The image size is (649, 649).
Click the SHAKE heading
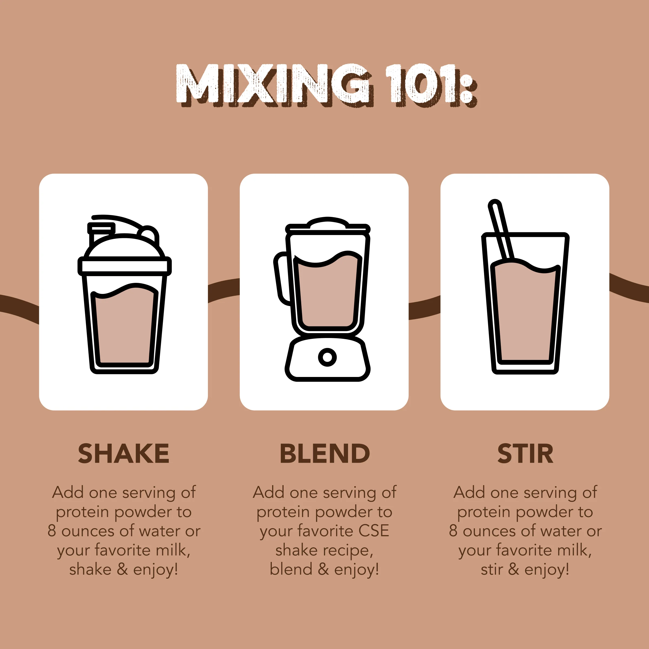point(124,453)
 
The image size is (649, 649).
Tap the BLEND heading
point(325,453)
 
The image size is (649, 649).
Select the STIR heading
point(525,453)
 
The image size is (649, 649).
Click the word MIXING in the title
point(274,84)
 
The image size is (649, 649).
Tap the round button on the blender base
point(327,357)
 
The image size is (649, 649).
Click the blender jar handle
point(282,279)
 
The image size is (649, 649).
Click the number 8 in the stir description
point(453,531)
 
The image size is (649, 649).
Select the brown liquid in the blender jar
point(327,296)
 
